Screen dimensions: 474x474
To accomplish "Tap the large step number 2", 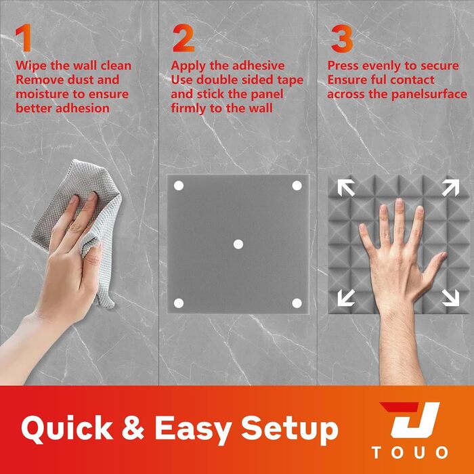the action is (x=184, y=38).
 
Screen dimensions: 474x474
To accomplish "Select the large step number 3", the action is (x=342, y=39).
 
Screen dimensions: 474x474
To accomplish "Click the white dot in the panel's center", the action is (x=238, y=244).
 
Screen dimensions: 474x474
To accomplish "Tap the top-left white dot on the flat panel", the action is (x=179, y=186).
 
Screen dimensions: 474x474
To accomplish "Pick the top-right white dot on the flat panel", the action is (x=297, y=186).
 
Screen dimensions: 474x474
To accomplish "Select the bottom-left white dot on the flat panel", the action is (x=179, y=303).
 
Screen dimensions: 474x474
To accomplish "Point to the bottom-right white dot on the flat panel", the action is (x=297, y=303).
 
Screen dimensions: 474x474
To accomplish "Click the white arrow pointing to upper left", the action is (x=346, y=188).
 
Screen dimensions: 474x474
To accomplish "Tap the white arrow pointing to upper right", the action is (x=450, y=188).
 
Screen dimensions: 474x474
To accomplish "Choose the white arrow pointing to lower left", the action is (x=346, y=297).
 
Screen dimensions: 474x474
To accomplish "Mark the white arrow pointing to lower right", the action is (x=450, y=297).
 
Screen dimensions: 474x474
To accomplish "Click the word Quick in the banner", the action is (x=66, y=429).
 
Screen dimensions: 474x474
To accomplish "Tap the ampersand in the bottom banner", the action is (x=133, y=427).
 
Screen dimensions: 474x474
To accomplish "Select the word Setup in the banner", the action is (x=289, y=430).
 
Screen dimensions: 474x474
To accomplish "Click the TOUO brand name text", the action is (x=410, y=452).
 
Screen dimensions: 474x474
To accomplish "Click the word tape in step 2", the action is (x=290, y=81).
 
